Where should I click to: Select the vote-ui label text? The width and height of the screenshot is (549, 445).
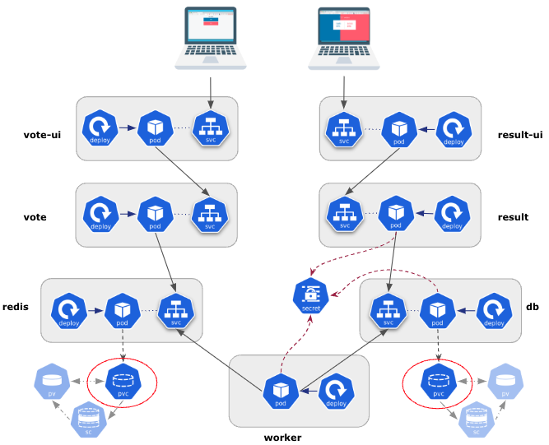point(42,135)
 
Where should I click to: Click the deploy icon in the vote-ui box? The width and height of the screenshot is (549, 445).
point(100,128)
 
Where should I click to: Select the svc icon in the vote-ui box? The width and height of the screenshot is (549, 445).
point(209,128)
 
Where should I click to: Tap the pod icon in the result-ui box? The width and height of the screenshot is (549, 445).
point(398,129)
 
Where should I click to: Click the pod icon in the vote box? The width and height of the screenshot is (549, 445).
point(155,214)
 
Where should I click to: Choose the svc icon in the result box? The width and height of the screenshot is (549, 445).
point(345,214)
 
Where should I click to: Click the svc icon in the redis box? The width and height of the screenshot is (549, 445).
point(176,311)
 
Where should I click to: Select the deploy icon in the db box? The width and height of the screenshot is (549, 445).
point(491,311)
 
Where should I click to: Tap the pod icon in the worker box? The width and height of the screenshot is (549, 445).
point(280,390)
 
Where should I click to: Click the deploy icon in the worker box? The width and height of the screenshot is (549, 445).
point(334,390)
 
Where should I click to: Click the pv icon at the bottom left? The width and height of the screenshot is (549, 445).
point(52,382)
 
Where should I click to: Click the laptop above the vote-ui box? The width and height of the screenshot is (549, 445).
point(212,37)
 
